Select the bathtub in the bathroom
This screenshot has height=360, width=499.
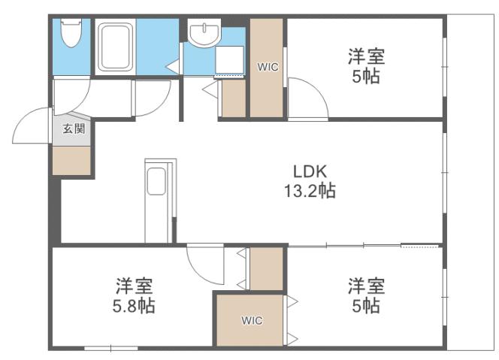(x=115, y=46)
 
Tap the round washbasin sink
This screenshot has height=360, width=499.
(x=201, y=34)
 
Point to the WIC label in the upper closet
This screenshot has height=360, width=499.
(x=268, y=67)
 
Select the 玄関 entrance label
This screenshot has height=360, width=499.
(x=73, y=129)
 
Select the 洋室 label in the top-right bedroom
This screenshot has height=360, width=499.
(x=366, y=56)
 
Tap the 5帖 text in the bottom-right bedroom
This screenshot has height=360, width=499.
(x=366, y=307)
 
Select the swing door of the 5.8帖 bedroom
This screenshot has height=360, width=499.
(x=204, y=263)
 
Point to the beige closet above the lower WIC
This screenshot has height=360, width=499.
(x=265, y=268)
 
